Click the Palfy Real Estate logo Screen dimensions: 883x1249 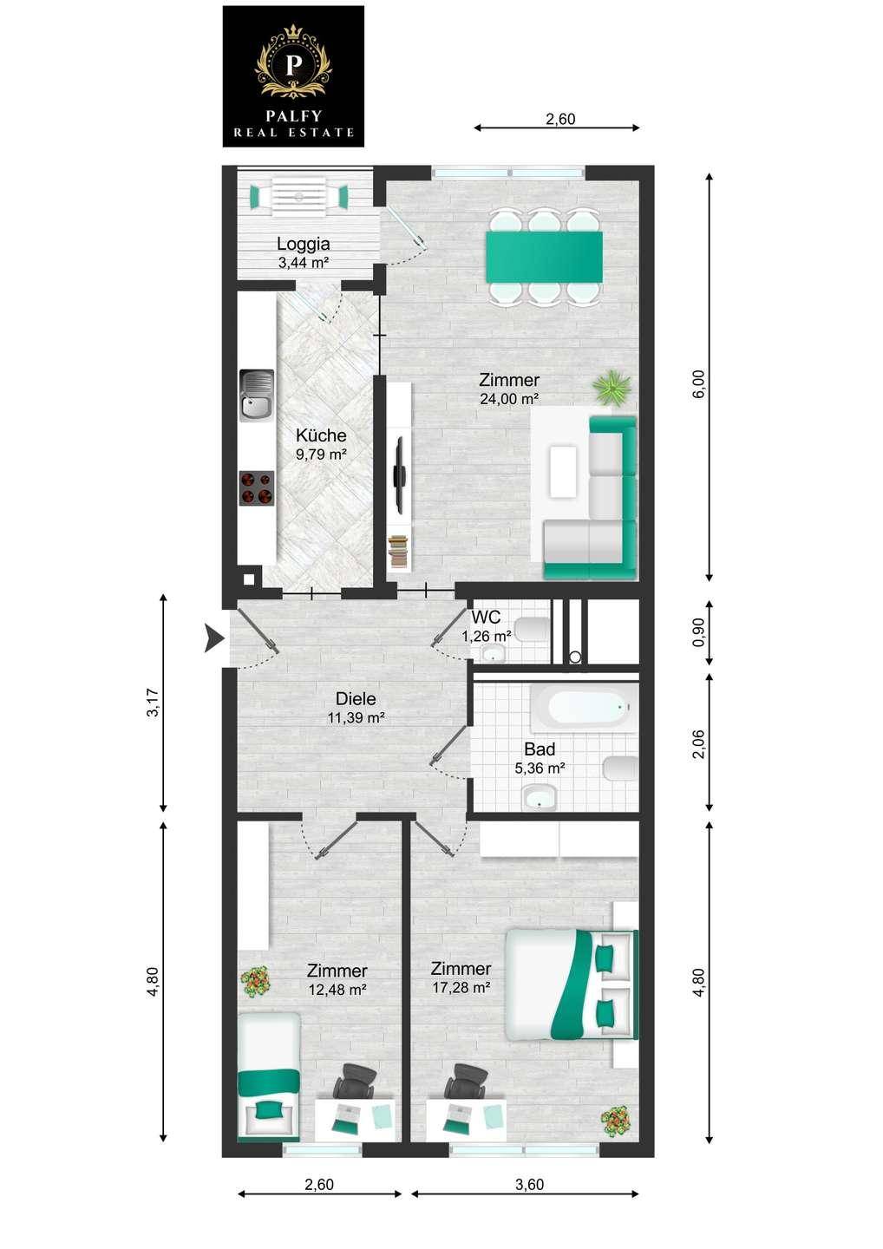[x=293, y=76]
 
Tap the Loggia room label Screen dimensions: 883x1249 [x=304, y=244]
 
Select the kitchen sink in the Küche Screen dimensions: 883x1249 [x=257, y=396]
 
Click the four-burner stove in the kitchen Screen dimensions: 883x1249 [x=257, y=487]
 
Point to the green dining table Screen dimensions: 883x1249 [x=545, y=257]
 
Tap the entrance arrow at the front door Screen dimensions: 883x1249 [x=213, y=638]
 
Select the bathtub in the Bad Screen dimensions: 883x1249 [x=584, y=708]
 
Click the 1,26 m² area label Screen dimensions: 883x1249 [x=487, y=635]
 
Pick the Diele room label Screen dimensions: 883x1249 [x=356, y=698]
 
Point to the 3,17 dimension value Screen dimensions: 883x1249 [x=153, y=703]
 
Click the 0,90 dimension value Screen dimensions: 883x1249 [x=698, y=633]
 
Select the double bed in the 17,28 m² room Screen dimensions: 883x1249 [x=572, y=984]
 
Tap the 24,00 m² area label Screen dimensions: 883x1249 [x=509, y=399]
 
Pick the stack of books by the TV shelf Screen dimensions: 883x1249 [x=399, y=551]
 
